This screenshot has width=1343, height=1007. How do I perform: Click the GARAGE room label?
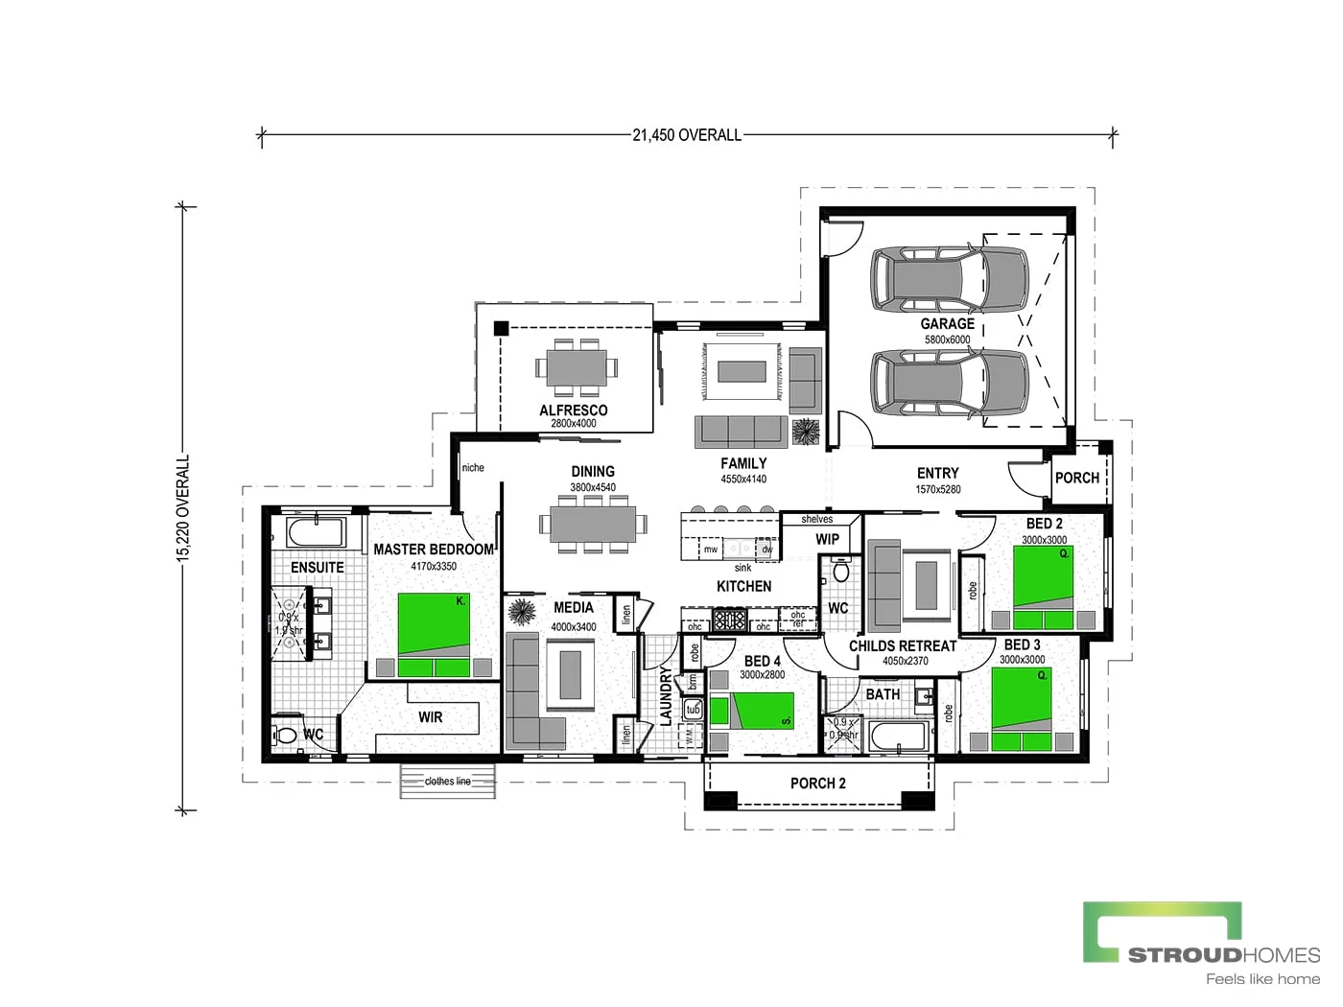tap(947, 324)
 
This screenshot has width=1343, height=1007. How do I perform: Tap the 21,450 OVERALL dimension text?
tap(687, 135)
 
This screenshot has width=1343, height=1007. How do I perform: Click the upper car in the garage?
tap(948, 279)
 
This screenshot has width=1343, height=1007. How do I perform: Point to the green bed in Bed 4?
tap(752, 711)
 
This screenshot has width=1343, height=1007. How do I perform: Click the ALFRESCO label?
tap(573, 410)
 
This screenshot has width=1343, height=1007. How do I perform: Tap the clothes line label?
tap(448, 781)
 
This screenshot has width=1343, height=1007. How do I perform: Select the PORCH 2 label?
tap(817, 784)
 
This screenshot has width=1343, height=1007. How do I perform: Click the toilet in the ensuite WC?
tap(286, 736)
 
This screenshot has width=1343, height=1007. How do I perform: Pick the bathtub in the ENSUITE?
tap(316, 532)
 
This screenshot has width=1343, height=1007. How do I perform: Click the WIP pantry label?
tap(827, 539)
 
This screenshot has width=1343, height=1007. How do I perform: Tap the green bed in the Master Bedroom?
tap(434, 634)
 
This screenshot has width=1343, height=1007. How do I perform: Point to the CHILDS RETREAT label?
tap(902, 645)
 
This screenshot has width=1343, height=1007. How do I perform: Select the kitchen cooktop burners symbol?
tap(729, 620)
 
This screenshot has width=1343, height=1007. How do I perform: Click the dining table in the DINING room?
tap(593, 525)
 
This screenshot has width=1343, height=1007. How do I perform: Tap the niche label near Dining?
tap(473, 468)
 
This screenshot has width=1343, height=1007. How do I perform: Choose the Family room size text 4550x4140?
tap(743, 479)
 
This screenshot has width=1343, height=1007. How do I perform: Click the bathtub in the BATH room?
tap(898, 738)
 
